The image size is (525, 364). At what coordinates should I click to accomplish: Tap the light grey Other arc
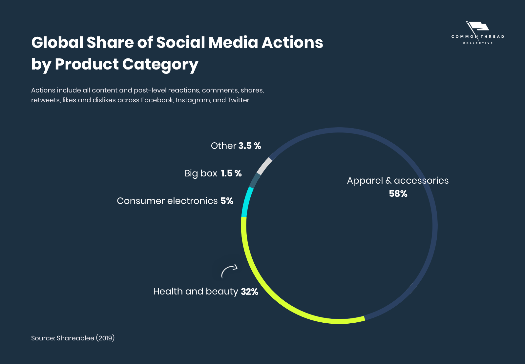(264, 166)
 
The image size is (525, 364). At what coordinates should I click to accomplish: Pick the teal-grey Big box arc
(255, 180)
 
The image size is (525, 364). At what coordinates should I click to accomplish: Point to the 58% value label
(398, 194)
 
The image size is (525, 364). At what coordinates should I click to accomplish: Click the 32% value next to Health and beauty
(249, 292)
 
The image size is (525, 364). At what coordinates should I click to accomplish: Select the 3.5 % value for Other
(250, 146)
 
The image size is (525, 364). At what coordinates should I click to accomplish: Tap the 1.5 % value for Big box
(231, 173)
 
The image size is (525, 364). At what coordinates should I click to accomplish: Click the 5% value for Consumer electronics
(227, 201)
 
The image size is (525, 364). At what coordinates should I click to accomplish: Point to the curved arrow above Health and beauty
(229, 271)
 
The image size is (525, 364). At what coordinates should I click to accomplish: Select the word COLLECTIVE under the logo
(478, 43)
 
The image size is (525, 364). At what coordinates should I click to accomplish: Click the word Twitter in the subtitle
(238, 100)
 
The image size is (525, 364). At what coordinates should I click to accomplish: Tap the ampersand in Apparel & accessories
(388, 181)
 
